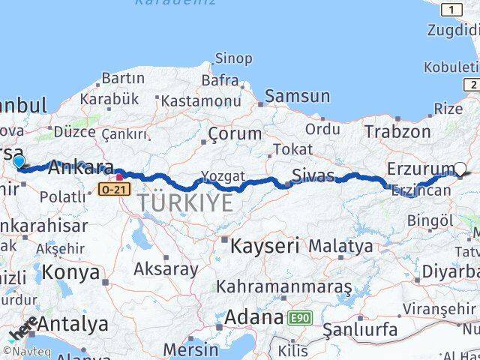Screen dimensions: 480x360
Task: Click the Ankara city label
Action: (81, 168)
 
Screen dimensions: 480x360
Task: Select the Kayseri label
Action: (265, 244)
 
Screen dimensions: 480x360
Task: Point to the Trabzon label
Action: (397, 131)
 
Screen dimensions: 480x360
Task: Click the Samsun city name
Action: (298, 96)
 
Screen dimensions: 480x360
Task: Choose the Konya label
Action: (71, 272)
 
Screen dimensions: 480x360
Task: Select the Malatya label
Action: (340, 245)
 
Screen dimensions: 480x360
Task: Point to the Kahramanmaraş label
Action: (284, 286)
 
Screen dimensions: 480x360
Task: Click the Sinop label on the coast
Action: (233, 58)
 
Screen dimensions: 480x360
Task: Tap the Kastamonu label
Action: (199, 100)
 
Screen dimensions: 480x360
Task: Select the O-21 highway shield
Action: (108, 190)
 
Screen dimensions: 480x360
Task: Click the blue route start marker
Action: (19, 160)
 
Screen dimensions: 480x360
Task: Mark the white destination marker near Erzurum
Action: (460, 169)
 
